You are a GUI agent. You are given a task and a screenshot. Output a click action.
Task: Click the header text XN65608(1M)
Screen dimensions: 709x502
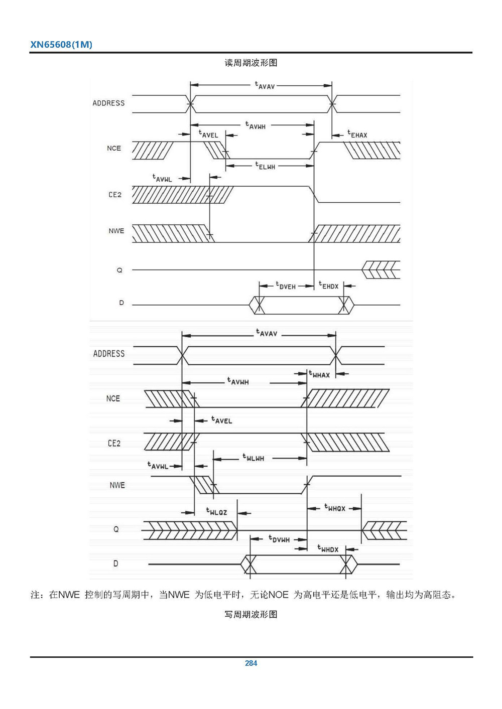pos(61,44)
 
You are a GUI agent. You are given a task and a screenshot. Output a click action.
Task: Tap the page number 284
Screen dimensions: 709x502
pos(251,663)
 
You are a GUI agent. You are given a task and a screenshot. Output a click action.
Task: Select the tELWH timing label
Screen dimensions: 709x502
pos(265,166)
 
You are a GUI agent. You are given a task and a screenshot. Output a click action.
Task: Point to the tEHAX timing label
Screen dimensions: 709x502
pos(357,134)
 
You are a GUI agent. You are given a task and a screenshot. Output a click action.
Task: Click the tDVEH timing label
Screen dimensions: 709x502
pos(286,286)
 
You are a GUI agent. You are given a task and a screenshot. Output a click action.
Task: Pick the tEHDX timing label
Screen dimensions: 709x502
pos(329,286)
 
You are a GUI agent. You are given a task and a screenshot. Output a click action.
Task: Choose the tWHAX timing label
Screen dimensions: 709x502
pos(319,374)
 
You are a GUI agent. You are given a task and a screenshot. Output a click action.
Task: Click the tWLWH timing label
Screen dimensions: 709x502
pos(253,457)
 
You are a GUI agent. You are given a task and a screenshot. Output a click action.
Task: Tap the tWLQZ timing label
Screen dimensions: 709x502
pos(216,511)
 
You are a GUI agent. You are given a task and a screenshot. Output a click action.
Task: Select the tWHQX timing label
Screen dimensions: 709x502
pos(334,508)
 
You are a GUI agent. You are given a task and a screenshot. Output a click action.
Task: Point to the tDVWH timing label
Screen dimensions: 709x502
pos(279,539)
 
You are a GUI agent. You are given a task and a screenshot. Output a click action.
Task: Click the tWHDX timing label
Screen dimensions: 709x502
pos(328,549)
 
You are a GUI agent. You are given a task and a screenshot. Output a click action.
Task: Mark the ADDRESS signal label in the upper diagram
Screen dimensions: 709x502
pos(108,103)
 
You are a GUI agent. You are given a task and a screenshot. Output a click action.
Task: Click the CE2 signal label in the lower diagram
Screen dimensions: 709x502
pos(114,443)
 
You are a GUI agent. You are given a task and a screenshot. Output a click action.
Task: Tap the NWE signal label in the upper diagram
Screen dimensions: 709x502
pos(116,231)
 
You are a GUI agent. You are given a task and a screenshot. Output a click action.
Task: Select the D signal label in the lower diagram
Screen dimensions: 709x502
pos(115,563)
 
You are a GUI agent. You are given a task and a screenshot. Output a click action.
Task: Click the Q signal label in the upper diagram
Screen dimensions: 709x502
pos(119,270)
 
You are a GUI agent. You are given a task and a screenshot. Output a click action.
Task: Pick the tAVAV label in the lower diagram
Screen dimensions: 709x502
pos(267,333)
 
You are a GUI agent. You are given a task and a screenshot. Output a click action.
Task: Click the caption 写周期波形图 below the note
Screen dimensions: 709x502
pos(251,614)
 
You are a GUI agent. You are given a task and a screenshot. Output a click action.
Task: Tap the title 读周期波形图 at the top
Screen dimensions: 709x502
pos(251,63)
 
